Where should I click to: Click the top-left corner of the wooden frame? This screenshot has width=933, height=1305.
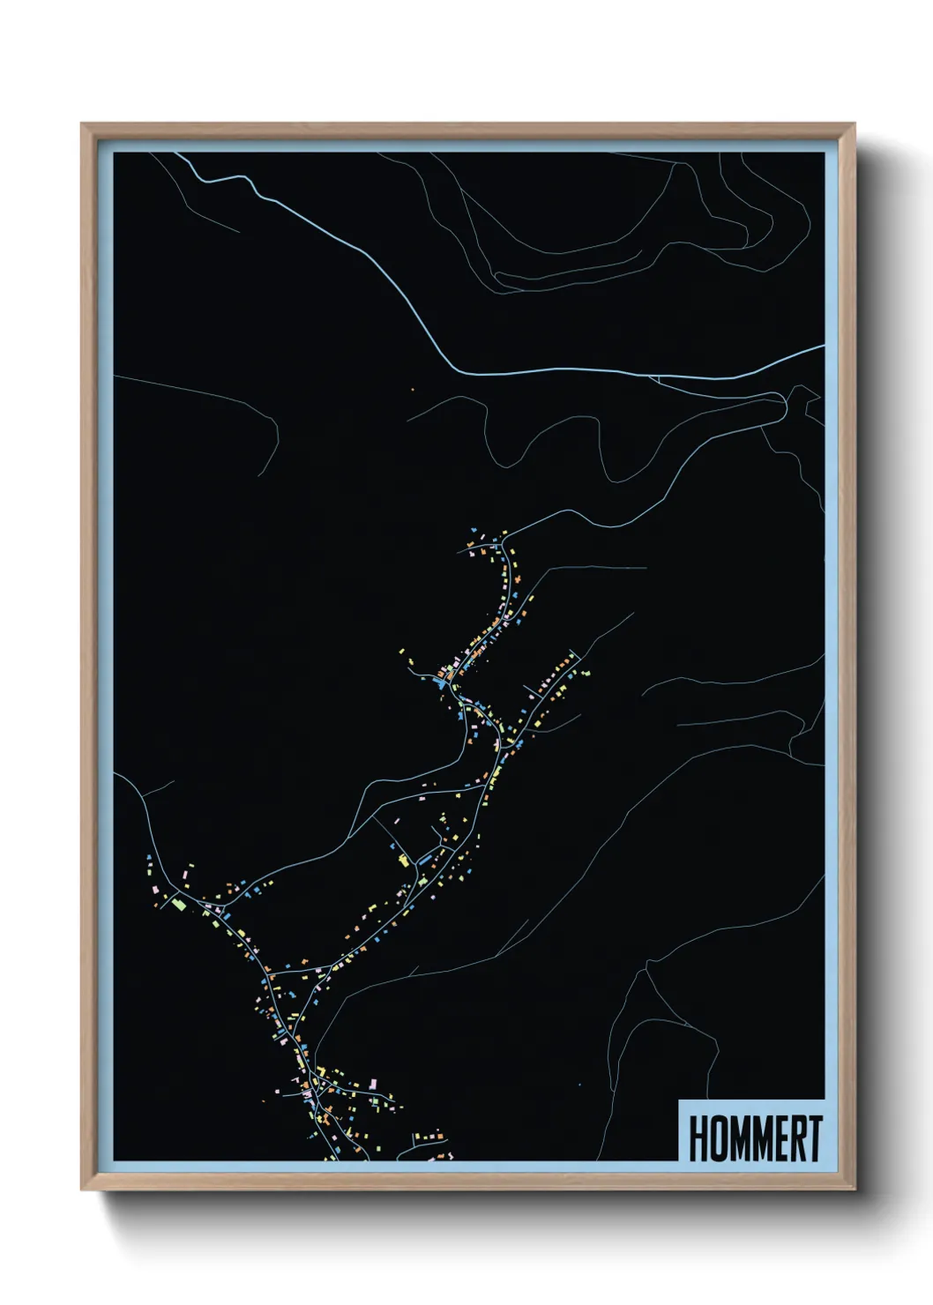pyautogui.click(x=82, y=124)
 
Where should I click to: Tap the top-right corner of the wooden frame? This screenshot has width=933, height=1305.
pyautogui.click(x=854, y=124)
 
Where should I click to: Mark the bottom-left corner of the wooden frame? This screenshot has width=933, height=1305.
pyautogui.click(x=82, y=1189)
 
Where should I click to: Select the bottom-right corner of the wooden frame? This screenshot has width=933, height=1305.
pyautogui.click(x=854, y=1189)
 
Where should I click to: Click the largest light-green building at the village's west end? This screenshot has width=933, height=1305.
pyautogui.click(x=178, y=903)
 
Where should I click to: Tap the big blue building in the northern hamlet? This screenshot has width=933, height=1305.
pyautogui.click(x=438, y=682)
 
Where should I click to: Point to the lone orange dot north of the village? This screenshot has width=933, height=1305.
pyautogui.click(x=412, y=389)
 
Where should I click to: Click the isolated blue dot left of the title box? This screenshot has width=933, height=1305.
pyautogui.click(x=579, y=1085)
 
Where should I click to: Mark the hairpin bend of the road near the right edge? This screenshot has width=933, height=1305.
pyautogui.click(x=782, y=402)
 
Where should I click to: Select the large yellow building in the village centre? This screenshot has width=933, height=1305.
pyautogui.click(x=406, y=860)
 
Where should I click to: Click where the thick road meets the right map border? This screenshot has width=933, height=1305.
pyautogui.click(x=824, y=347)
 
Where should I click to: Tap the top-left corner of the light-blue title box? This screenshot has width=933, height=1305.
pyautogui.click(x=679, y=1100)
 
